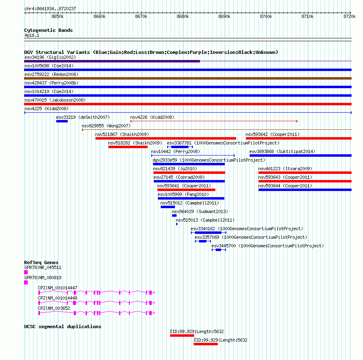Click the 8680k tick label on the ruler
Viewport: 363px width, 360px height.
[x=183, y=16]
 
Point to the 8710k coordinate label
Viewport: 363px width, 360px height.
[x=308, y=16]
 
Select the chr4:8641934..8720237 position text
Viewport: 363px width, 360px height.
[x=50, y=9]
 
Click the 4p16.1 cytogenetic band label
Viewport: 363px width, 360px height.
[x=32, y=35]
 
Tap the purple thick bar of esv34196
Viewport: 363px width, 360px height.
[x=112, y=61]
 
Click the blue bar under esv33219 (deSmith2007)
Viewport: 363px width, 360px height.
[x=62, y=121]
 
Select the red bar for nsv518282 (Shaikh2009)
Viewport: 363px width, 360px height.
[x=128, y=147]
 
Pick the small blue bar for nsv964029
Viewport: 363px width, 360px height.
[x=174, y=216]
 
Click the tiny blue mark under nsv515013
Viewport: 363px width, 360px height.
[x=177, y=224]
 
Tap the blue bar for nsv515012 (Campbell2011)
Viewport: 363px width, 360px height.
[x=168, y=207]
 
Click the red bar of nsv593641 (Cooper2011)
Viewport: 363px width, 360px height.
[x=186, y=190]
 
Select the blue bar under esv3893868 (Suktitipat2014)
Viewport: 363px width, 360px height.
[x=301, y=156]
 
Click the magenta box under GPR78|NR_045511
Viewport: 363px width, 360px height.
[x=26, y=272]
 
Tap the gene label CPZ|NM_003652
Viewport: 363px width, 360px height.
[x=54, y=308]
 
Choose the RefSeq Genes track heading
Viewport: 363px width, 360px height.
[x=41, y=262]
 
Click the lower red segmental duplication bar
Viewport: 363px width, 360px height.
[x=206, y=344]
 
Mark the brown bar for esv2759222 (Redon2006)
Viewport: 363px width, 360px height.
[x=188, y=78]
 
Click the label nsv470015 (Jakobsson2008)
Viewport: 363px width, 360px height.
[x=55, y=100]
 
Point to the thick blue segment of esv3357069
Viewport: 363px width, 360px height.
[x=203, y=241]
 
